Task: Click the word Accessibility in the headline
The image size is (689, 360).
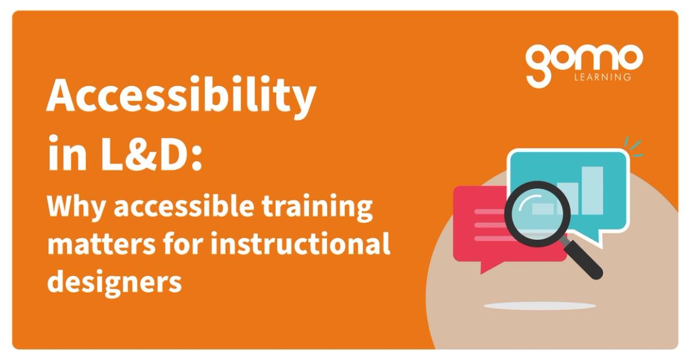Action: pos(181,97)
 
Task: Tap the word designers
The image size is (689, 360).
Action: pos(114,280)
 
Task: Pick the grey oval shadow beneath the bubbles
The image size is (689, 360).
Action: pos(539,306)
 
